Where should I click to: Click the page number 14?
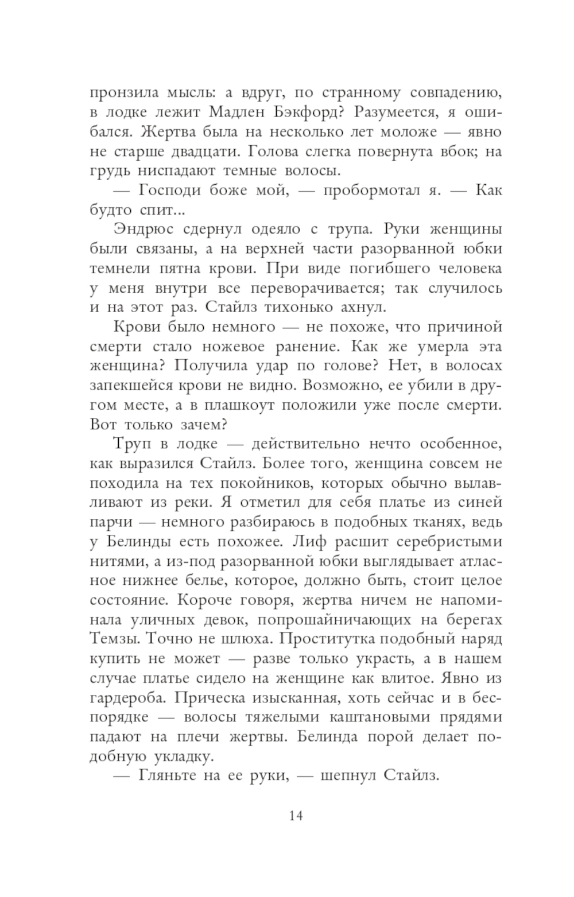(x=296, y=815)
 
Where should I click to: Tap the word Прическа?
(x=195, y=697)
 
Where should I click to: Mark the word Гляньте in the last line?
(x=165, y=776)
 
